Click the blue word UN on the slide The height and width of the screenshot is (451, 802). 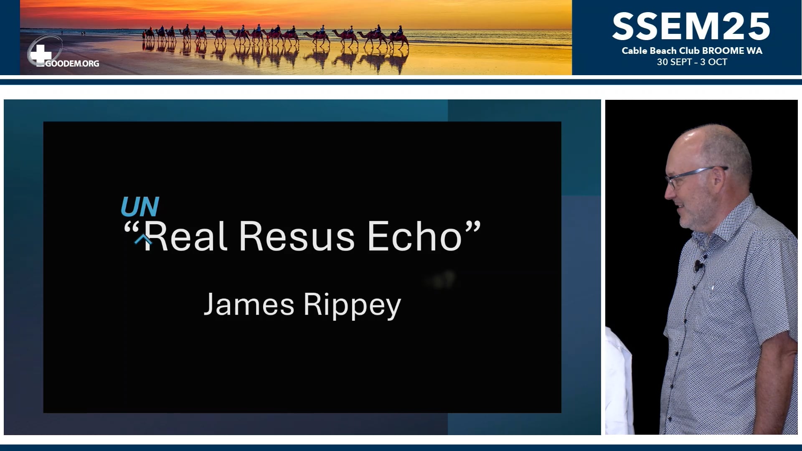(140, 206)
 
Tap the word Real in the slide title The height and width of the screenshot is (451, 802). (186, 236)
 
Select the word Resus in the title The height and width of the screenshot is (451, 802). (297, 236)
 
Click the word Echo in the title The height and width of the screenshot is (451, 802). (414, 236)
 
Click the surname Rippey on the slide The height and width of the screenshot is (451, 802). (352, 305)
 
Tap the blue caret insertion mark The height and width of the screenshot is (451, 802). (143, 239)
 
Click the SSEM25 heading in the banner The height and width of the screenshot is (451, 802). (691, 26)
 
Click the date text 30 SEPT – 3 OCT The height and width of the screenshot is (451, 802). (692, 62)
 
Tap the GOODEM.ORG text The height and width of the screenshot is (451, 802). (72, 64)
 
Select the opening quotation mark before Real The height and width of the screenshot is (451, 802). (131, 228)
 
